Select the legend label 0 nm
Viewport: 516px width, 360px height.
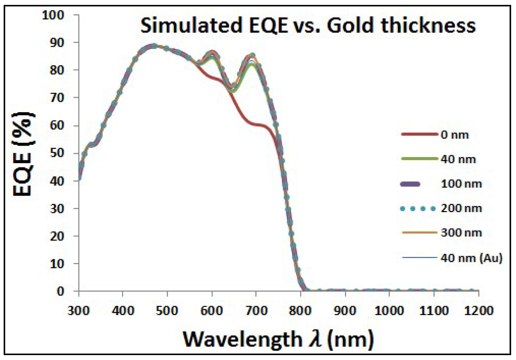pos(455,135)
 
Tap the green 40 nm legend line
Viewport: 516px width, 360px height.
pos(419,159)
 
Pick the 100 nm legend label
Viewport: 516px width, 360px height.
pos(461,184)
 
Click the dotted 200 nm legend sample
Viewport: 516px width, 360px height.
pos(418,209)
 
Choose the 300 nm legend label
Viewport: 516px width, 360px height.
pos(461,233)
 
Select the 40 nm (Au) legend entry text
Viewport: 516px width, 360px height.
pos(471,258)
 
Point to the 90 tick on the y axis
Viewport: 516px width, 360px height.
pos(57,42)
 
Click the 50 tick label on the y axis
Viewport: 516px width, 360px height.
pos(57,153)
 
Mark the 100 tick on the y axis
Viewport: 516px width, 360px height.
pos(53,15)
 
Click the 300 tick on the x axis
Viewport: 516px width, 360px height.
pos(79,311)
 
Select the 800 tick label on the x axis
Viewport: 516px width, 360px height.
pos(300,311)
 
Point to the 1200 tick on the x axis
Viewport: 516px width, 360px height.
pos(478,311)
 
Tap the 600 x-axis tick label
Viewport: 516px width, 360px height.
pos(212,311)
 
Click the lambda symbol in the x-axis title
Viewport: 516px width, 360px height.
pos(315,339)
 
